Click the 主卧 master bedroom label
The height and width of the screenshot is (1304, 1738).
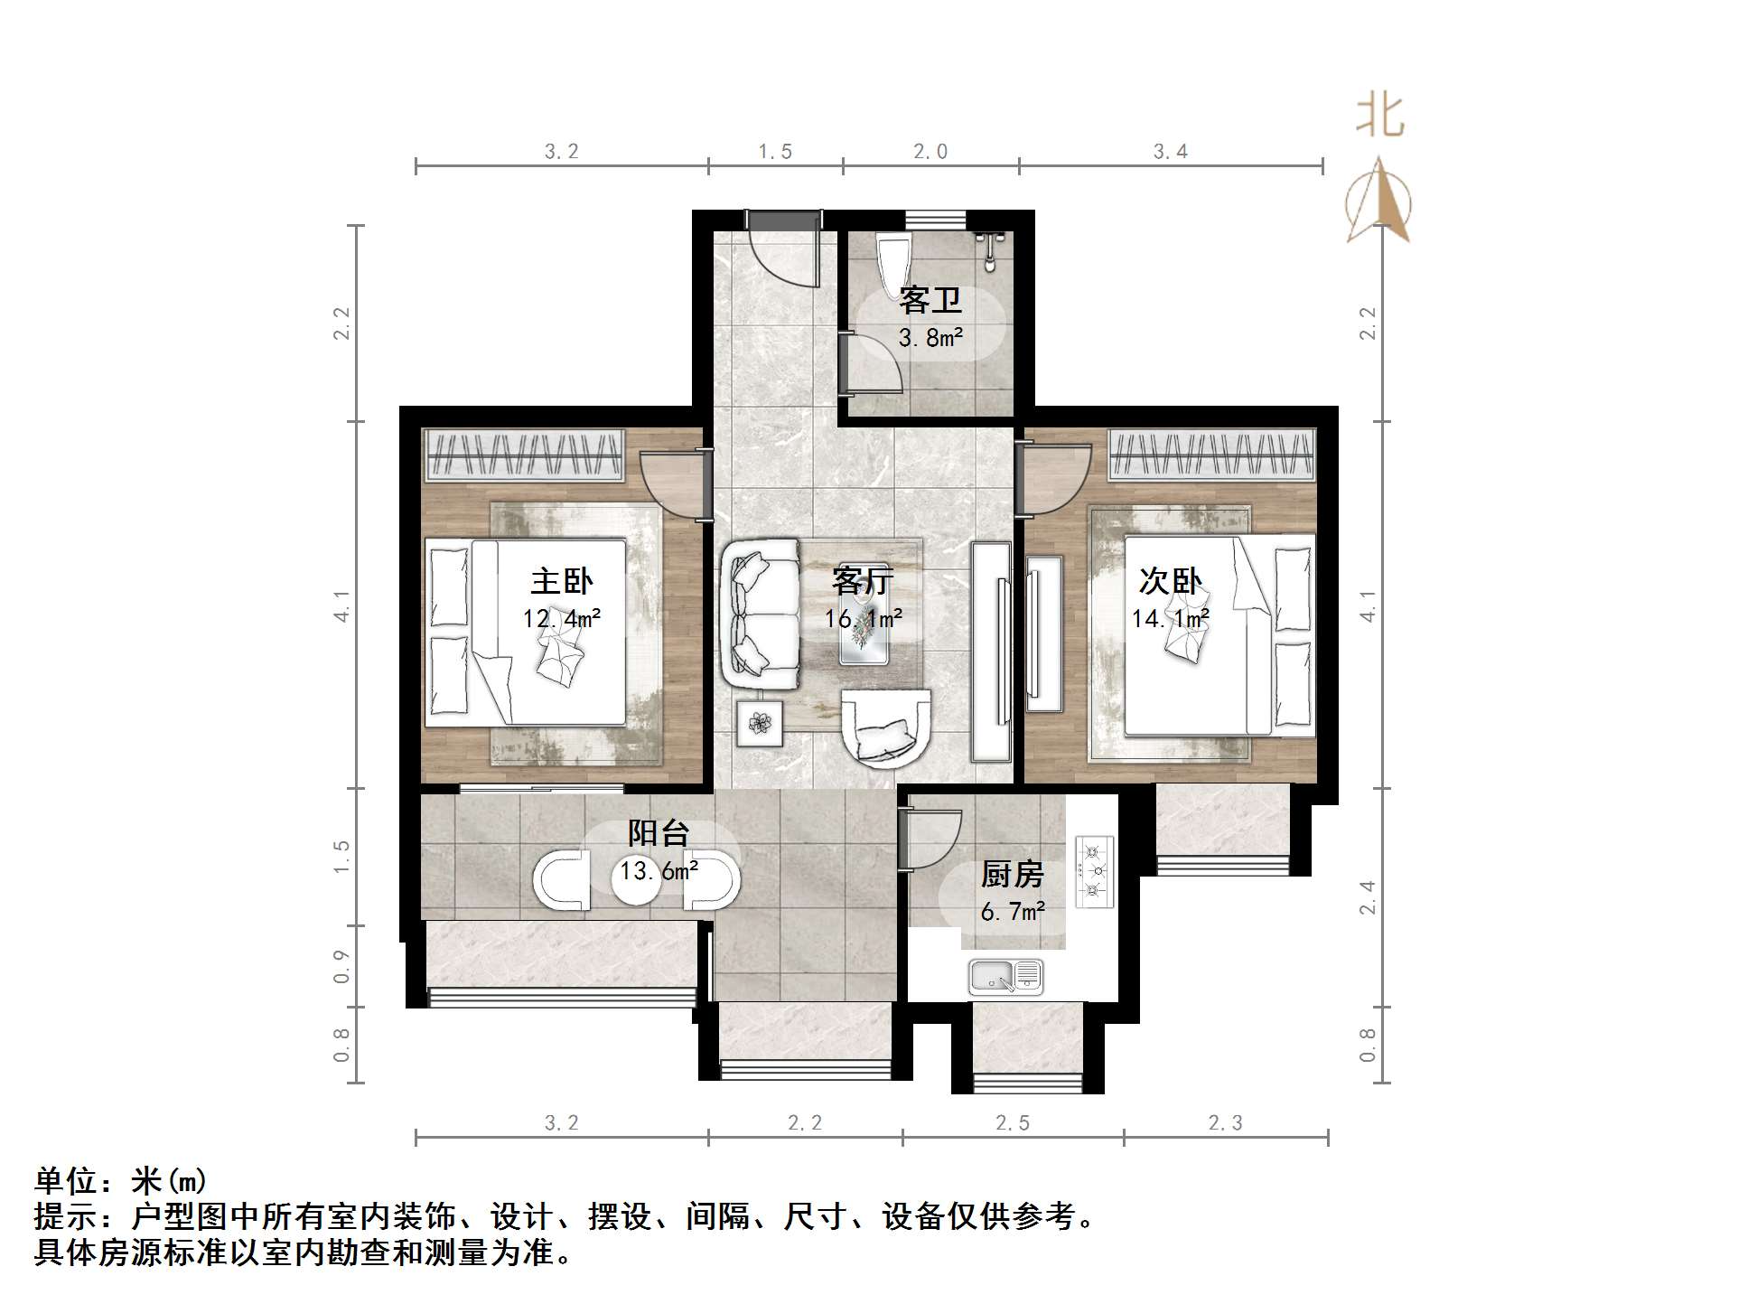(x=561, y=581)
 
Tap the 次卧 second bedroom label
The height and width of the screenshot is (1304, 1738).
(x=1170, y=581)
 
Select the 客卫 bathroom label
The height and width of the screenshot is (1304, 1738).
(x=930, y=300)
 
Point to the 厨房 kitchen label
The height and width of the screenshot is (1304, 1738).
(x=1012, y=874)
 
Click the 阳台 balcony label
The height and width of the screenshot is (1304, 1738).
(x=659, y=832)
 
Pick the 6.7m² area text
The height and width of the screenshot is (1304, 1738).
(x=1013, y=911)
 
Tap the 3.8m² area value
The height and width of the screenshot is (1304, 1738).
(x=930, y=338)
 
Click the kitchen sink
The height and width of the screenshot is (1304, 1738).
(x=1005, y=977)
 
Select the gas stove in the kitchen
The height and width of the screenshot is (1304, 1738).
(x=1095, y=871)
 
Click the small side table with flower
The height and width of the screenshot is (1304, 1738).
(x=761, y=723)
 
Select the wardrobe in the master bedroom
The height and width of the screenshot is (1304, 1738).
(x=524, y=453)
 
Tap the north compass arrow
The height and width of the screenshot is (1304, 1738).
(x=1378, y=201)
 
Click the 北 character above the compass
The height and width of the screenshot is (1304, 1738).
(x=1379, y=117)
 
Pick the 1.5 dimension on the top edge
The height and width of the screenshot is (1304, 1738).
(x=775, y=151)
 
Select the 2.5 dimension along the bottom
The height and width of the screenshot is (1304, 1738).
(x=1012, y=1122)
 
